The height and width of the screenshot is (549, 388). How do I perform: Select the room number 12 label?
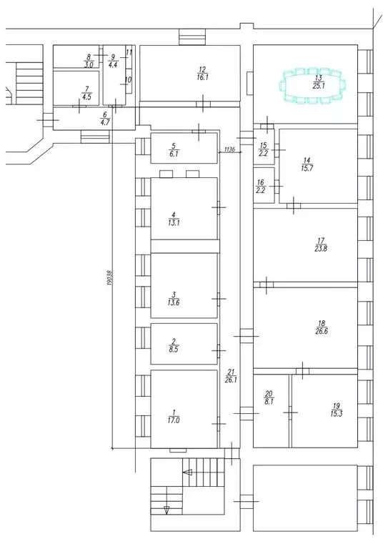(202, 69)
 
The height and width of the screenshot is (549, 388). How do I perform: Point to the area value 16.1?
(202, 77)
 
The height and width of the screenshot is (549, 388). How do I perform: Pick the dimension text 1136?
(229, 149)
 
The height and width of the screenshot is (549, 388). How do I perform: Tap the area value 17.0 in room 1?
(174, 420)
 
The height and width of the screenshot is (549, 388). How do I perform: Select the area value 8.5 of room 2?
(174, 350)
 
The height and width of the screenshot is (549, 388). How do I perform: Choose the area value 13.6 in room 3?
(173, 302)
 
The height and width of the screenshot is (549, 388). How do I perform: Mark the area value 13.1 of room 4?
(173, 222)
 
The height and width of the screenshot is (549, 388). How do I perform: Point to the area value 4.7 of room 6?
(104, 122)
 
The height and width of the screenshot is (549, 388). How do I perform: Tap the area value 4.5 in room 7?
(86, 97)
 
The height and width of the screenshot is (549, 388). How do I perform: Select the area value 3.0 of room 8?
(89, 64)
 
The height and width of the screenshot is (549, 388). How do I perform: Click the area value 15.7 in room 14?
(307, 168)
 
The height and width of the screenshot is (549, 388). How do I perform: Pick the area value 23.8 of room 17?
(321, 248)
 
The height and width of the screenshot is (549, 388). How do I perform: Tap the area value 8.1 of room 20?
(269, 402)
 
